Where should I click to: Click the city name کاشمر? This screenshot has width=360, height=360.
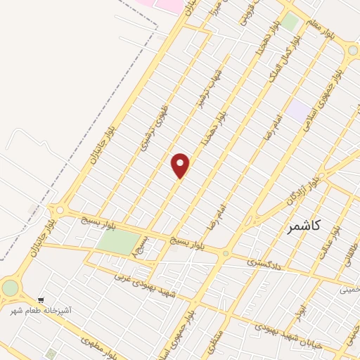point(304,226)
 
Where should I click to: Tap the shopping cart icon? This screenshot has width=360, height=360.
point(41,300)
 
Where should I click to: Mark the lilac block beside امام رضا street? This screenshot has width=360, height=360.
point(298,110)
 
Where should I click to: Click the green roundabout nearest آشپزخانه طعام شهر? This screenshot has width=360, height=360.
point(10,288)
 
